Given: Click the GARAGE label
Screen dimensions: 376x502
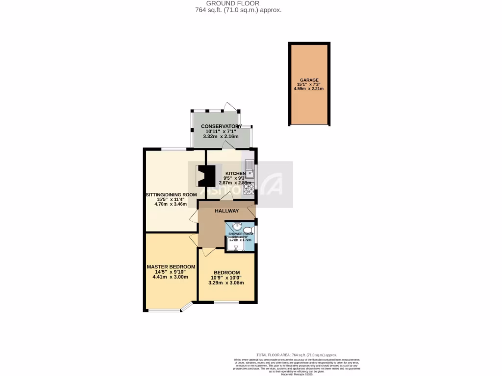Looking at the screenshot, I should point(309,80).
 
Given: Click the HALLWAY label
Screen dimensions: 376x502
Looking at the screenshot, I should point(226,211).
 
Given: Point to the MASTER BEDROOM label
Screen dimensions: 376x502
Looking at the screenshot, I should point(171,267).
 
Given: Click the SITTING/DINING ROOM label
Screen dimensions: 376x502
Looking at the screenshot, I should point(171,194).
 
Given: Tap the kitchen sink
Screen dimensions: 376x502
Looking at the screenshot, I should point(249,168).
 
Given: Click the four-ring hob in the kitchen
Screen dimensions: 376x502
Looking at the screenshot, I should point(248,188).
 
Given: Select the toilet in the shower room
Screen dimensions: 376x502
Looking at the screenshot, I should point(248,230).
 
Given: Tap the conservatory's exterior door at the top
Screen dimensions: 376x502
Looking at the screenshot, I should point(230,106).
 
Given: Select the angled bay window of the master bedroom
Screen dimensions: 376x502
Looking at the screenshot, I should point(186,307).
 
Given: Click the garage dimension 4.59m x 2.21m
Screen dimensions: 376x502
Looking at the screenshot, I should point(309,89).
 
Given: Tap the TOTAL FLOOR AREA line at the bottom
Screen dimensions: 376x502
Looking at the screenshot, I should point(297,354).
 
